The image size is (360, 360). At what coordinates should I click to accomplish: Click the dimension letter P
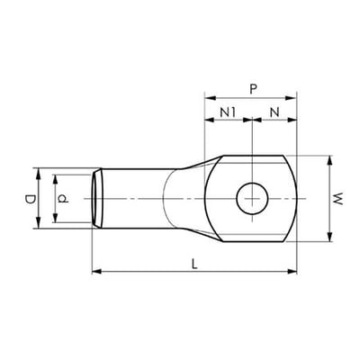coord(254,89)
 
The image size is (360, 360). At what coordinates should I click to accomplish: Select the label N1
coord(229,112)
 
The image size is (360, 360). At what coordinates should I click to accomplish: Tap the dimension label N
coord(274,112)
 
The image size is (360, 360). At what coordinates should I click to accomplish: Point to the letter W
coord(338,199)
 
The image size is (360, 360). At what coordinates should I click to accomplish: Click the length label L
coord(195,264)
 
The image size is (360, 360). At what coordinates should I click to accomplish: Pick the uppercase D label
coord(31,199)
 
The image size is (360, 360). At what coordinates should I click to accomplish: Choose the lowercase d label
coord(63,199)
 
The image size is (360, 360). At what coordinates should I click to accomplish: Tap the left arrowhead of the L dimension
coord(96,272)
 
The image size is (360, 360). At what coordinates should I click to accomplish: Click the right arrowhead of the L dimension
coord(292,272)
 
